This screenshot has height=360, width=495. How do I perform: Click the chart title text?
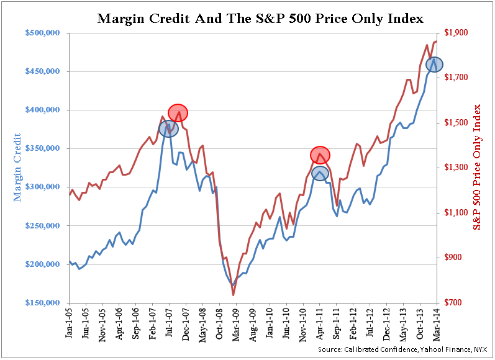pos(260,19)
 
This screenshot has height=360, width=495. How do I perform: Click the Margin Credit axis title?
pos(17,168)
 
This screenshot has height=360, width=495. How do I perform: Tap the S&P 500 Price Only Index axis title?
pos(478,168)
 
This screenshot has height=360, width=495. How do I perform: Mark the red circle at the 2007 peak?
pos(178,112)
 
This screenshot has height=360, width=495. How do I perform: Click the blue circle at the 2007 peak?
pos(168,128)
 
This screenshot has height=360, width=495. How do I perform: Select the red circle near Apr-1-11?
pos(320,155)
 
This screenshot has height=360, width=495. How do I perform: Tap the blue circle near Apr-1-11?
pos(320,173)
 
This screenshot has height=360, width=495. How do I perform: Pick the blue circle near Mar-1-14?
pos(434,64)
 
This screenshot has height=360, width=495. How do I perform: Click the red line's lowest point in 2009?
pos(233,295)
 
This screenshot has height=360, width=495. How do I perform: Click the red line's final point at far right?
pos(437,41)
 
